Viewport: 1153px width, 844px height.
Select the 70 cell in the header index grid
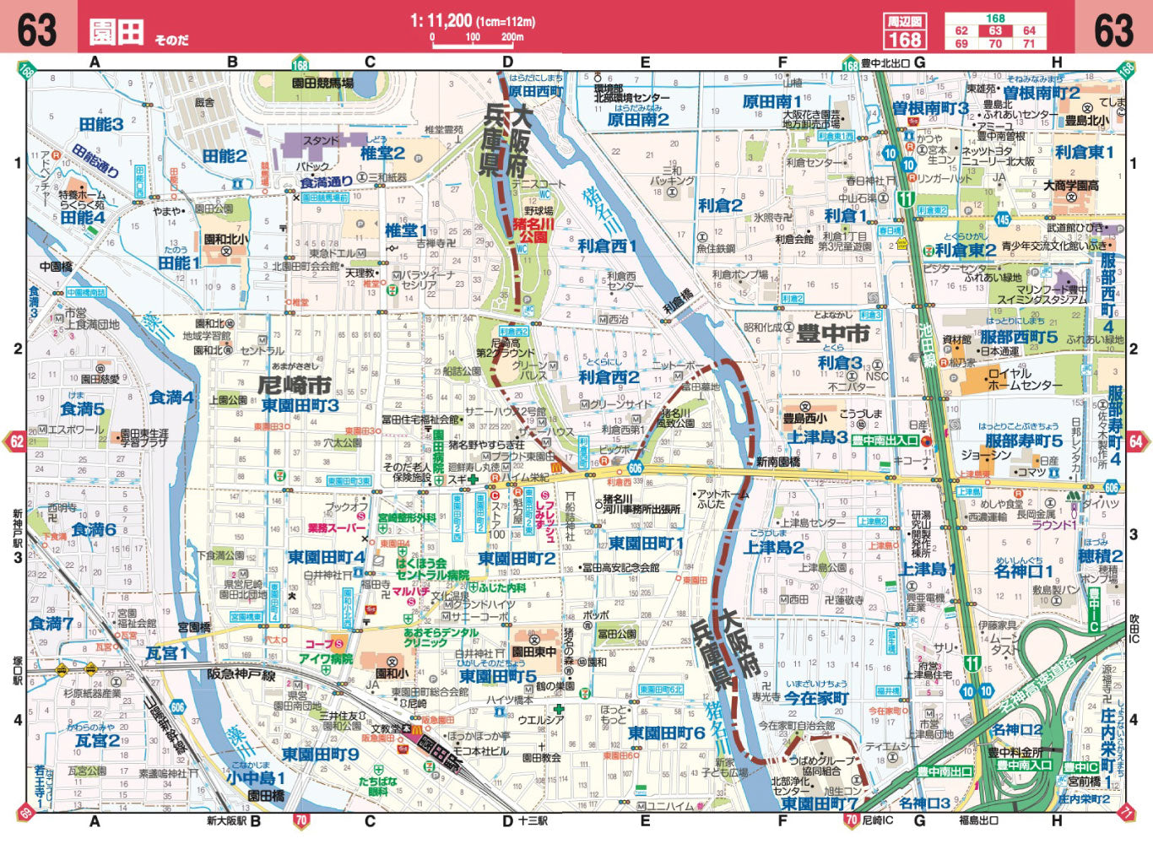click(x=995, y=44)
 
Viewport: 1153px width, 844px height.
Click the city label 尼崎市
click(x=294, y=385)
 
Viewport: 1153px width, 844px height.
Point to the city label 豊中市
click(x=832, y=334)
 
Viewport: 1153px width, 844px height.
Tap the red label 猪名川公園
click(x=533, y=231)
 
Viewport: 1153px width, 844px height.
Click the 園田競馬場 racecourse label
click(x=322, y=84)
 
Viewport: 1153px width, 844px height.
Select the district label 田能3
click(x=101, y=124)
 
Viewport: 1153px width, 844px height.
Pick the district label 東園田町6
click(x=666, y=733)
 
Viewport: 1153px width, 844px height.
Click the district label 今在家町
click(x=815, y=698)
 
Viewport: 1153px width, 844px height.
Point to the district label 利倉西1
click(x=607, y=246)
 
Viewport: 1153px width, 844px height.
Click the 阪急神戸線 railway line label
click(x=241, y=674)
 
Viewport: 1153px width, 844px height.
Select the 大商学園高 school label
click(x=1071, y=186)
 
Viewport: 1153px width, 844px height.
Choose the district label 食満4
click(x=171, y=397)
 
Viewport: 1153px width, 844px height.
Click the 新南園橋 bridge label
click(x=777, y=462)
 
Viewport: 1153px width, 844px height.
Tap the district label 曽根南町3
click(x=930, y=108)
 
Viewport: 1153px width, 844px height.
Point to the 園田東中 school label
click(x=533, y=652)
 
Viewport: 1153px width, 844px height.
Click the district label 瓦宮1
click(x=167, y=652)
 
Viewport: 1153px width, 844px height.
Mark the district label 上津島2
click(x=773, y=548)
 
